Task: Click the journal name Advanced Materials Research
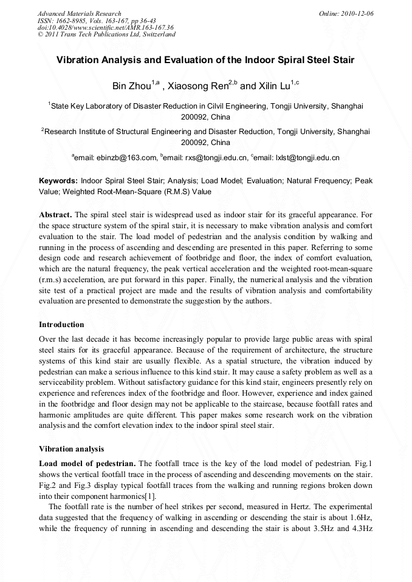(79, 13)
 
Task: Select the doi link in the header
(105, 27)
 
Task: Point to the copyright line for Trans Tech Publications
(106, 35)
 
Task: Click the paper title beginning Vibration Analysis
(205, 61)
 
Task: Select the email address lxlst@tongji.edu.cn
(307, 158)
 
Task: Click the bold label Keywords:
(58, 181)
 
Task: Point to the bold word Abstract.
(55, 215)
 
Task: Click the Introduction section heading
(61, 325)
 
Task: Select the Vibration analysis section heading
(71, 449)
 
